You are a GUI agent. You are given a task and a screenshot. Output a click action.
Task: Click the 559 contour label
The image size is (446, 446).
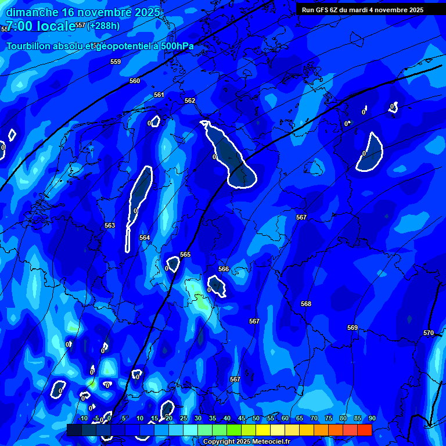(116, 62)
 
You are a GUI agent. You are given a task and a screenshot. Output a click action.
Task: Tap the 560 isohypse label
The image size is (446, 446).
(135, 81)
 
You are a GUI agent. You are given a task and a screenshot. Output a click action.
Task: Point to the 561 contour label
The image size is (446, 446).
(159, 95)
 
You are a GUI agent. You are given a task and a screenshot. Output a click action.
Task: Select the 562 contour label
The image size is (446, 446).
(190, 100)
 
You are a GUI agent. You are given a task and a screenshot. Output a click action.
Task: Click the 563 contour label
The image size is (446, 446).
(110, 225)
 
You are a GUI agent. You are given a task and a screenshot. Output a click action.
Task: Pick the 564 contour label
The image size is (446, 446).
(145, 238)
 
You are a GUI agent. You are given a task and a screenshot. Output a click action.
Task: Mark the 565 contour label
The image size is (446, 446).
(185, 254)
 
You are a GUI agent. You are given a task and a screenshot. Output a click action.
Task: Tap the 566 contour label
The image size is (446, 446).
(224, 269)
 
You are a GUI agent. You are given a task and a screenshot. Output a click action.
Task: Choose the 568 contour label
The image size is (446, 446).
(306, 304)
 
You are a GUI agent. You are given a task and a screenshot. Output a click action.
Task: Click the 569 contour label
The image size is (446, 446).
(353, 328)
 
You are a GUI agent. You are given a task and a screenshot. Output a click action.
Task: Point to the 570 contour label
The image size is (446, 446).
(429, 333)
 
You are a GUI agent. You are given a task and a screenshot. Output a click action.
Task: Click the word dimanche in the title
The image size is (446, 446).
(32, 12)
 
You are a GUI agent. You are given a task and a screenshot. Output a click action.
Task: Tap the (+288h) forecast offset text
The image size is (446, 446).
(103, 26)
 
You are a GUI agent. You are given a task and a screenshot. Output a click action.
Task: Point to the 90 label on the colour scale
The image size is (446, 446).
(372, 418)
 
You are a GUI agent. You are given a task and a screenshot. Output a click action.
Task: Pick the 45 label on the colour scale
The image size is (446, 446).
(241, 418)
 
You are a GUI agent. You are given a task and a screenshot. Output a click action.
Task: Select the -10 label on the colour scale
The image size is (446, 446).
(83, 418)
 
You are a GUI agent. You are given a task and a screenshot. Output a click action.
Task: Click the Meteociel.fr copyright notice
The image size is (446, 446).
(246, 441)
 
